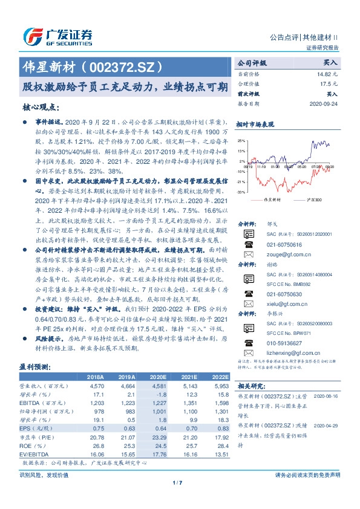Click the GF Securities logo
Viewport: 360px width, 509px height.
(x=57, y=36)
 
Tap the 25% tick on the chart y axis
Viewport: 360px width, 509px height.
(x=241, y=140)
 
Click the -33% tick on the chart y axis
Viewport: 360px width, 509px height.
(x=241, y=192)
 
